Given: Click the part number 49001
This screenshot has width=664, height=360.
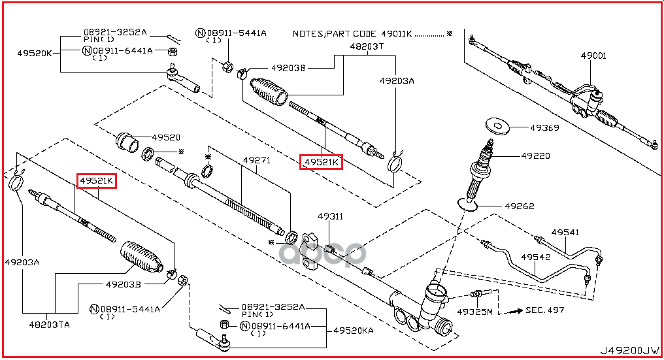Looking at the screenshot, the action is (593, 56).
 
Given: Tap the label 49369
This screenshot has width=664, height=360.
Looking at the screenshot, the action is (544, 127).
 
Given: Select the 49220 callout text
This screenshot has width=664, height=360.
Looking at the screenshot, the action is (536, 156).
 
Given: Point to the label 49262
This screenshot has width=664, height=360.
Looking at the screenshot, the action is (519, 206).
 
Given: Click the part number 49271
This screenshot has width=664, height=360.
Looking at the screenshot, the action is (256, 161).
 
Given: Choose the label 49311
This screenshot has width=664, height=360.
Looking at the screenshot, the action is (330, 216).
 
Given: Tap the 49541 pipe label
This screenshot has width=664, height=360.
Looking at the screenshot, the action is (565, 233).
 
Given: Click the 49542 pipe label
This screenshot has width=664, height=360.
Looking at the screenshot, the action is (535, 257).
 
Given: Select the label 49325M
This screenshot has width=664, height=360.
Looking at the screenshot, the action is (474, 312).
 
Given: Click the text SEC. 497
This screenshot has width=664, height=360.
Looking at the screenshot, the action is (544, 310).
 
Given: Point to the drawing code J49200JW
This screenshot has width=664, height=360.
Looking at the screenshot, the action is (629, 351).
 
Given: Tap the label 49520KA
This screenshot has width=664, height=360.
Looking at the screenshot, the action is (353, 331).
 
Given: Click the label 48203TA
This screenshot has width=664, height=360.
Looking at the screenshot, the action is (50, 325).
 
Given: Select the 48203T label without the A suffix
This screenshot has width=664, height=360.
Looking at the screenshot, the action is (367, 46).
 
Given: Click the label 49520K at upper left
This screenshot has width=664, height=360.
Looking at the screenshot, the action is (35, 54).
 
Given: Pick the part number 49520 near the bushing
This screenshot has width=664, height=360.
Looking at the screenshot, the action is (166, 138).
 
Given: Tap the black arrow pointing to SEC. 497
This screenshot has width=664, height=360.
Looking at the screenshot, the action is (516, 311).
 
